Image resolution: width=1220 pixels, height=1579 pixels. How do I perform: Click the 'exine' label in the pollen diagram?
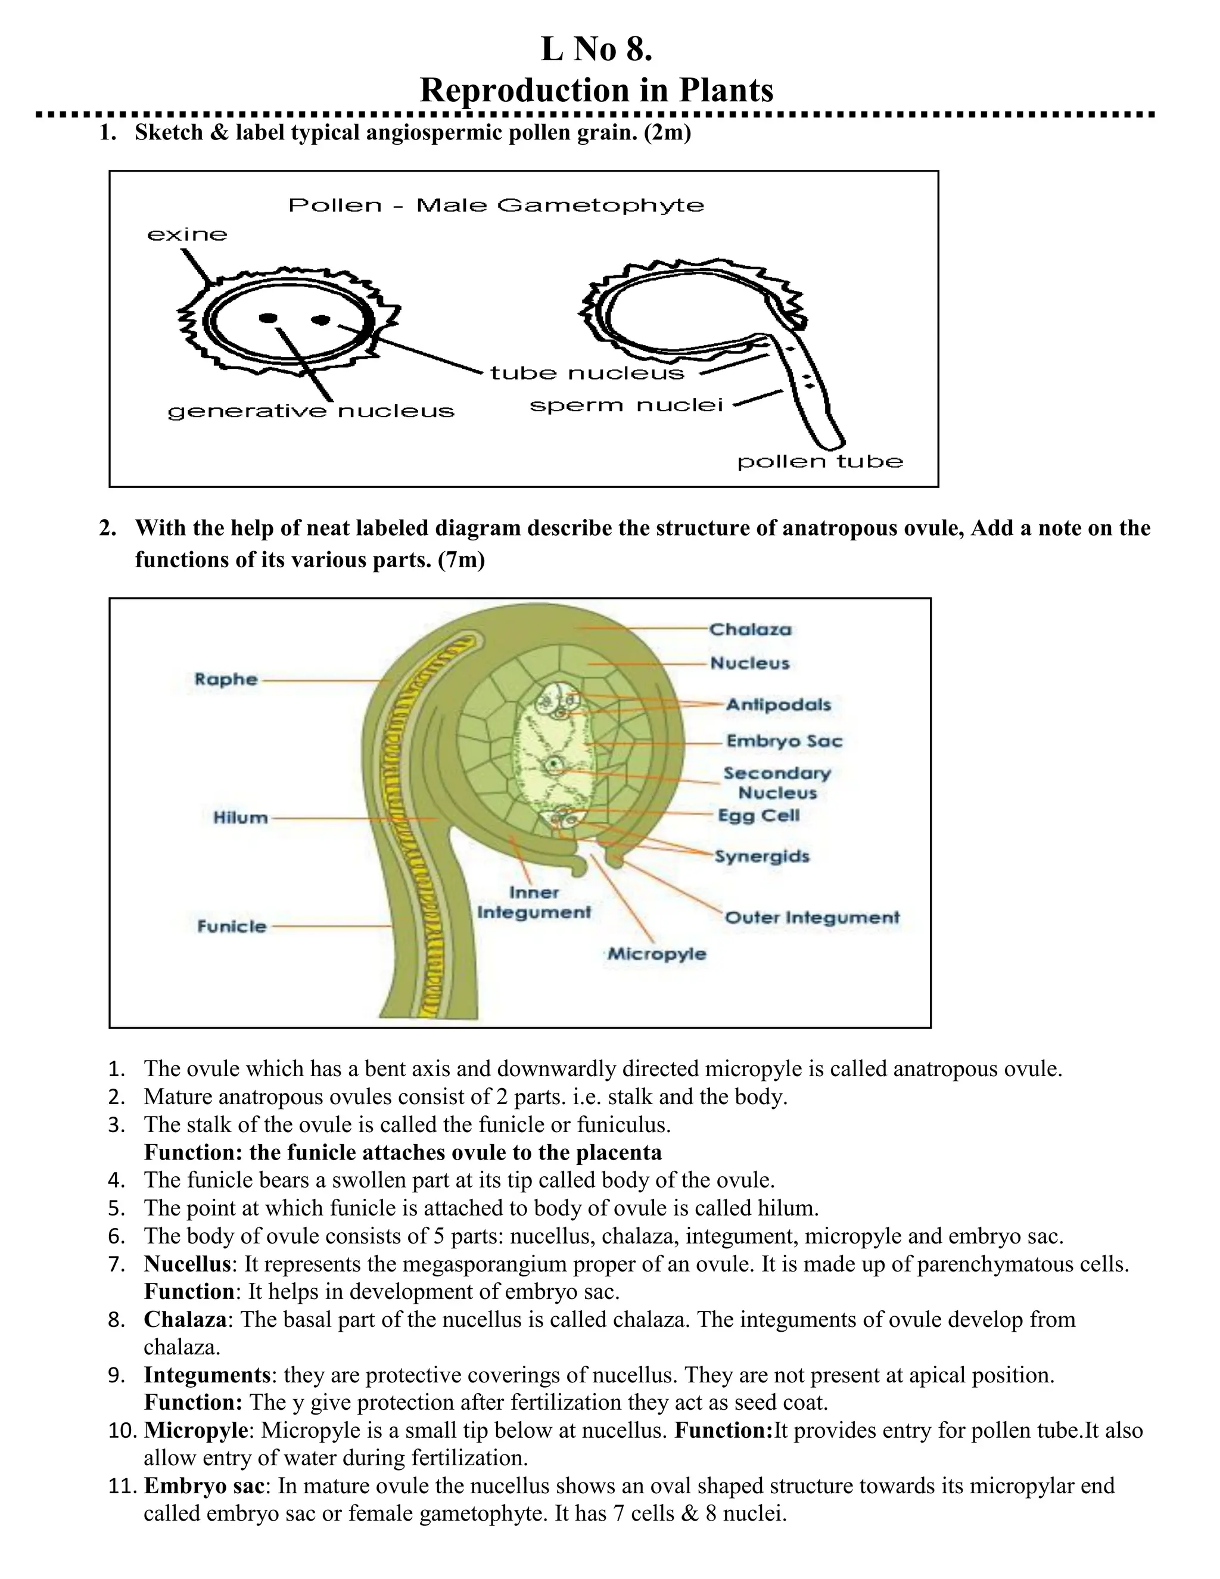click(187, 234)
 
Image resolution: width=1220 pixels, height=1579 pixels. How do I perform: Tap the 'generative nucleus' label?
click(311, 411)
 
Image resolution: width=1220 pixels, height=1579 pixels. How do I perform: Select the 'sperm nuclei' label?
click(626, 406)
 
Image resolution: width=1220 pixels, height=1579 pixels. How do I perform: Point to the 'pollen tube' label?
click(820, 461)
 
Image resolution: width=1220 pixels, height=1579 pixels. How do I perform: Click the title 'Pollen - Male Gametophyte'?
click(496, 206)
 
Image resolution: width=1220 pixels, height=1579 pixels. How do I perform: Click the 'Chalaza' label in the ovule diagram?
click(750, 629)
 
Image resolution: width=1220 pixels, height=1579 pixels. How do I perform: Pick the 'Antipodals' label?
click(779, 704)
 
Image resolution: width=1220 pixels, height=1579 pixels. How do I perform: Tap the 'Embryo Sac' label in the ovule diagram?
click(784, 741)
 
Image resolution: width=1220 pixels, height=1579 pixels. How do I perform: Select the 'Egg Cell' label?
click(759, 816)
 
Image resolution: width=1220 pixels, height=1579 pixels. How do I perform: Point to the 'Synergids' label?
click(762, 856)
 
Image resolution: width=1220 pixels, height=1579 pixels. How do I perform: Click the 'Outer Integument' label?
click(812, 918)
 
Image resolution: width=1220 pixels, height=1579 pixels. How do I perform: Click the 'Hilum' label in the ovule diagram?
click(241, 818)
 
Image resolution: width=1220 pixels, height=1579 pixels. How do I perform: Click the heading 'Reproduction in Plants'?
click(596, 91)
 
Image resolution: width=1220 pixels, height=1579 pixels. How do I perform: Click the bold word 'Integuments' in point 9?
click(207, 1375)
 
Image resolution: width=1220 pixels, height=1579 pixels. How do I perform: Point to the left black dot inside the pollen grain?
click(268, 318)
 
